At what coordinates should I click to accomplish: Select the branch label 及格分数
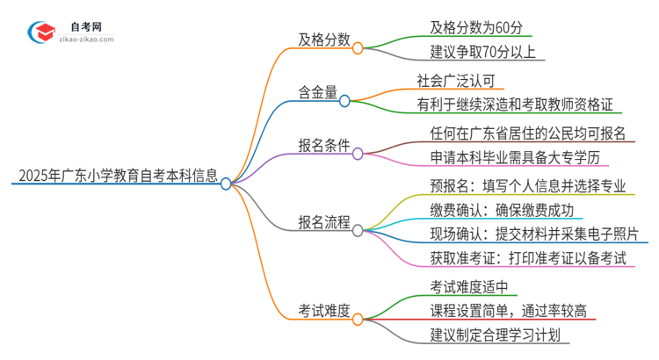pyautogui.click(x=324, y=40)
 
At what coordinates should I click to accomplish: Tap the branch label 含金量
pyautogui.click(x=318, y=92)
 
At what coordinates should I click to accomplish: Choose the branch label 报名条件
pyautogui.click(x=324, y=146)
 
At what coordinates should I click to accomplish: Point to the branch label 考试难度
pyautogui.click(x=324, y=310)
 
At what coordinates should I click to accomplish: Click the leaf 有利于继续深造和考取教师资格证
pyautogui.click(x=520, y=104)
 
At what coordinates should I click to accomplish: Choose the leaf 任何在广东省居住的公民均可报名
pyautogui.click(x=528, y=133)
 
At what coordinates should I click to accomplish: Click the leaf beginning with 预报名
pyautogui.click(x=529, y=186)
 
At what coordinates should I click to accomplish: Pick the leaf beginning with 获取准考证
pyautogui.click(x=529, y=259)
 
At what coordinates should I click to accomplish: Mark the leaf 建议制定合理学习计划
pyautogui.click(x=500, y=335)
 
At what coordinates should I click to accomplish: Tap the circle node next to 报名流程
pyautogui.click(x=358, y=229)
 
